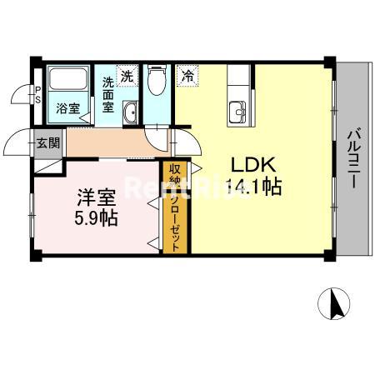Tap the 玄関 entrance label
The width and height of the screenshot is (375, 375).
[x=48, y=142]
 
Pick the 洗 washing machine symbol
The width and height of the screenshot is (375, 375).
[x=127, y=75]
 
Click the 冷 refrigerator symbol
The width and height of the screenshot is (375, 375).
[x=188, y=76]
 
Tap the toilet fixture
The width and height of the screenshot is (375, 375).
[x=156, y=84]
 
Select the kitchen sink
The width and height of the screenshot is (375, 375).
[x=238, y=110]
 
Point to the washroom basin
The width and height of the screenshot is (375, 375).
[x=129, y=112]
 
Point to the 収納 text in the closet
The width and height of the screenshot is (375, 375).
[x=177, y=176]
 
